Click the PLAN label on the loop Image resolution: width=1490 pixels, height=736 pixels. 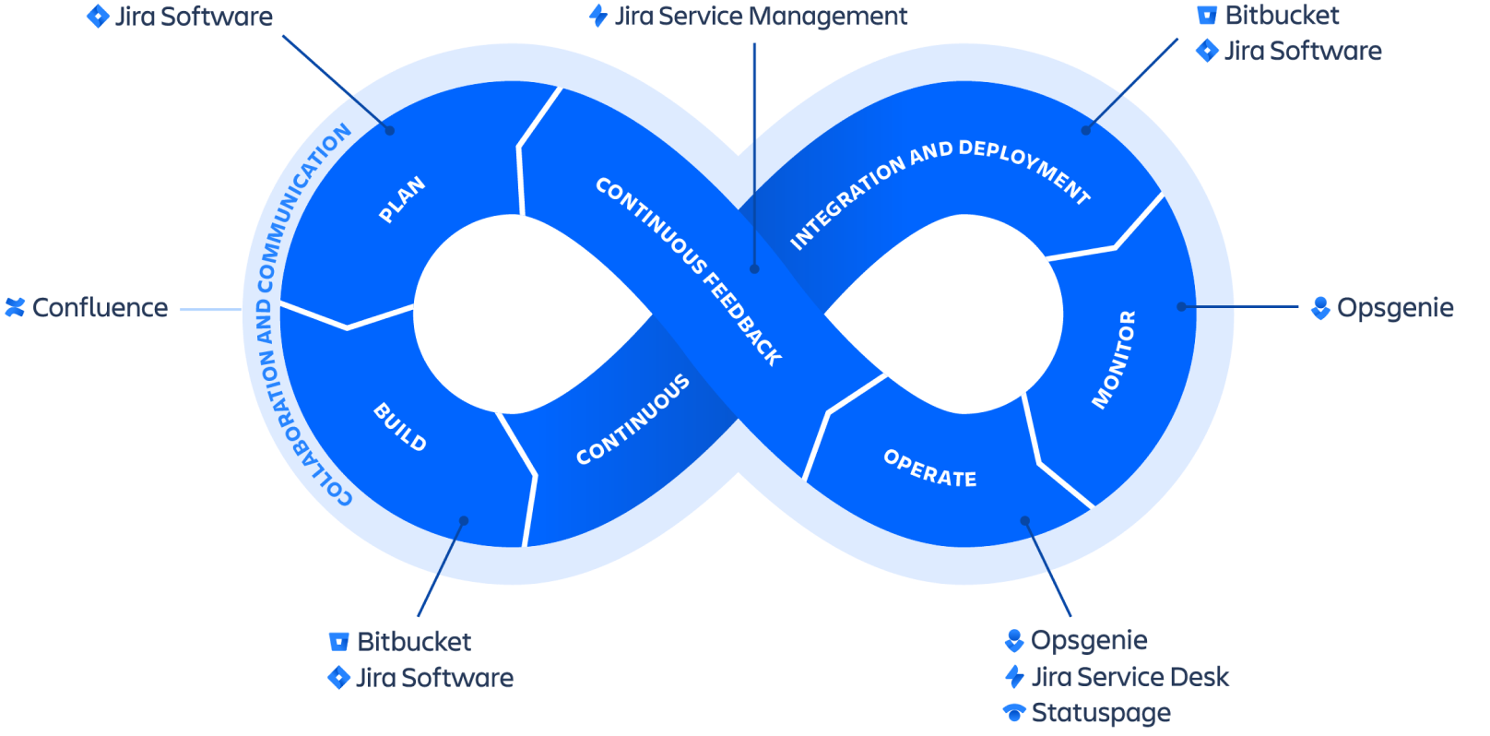pyautogui.click(x=403, y=199)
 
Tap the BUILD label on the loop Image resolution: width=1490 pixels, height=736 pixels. pyautogui.click(x=400, y=427)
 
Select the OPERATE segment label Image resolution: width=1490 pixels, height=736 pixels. pyautogui.click(x=929, y=469)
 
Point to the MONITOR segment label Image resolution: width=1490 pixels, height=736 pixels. pyautogui.click(x=1114, y=359)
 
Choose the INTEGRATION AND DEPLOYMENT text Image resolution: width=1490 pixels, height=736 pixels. pyautogui.click(x=940, y=191)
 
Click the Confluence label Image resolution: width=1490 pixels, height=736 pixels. pyautogui.click(x=101, y=308)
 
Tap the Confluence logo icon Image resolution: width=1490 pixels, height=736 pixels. pyautogui.click(x=15, y=307)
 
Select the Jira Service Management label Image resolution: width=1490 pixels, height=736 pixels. pyautogui.click(x=761, y=17)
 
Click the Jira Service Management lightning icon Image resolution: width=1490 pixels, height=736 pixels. pyautogui.click(x=598, y=16)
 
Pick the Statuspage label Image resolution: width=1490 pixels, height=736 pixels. pyautogui.click(x=1101, y=713)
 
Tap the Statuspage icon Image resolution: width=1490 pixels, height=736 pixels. pyautogui.click(x=1014, y=712)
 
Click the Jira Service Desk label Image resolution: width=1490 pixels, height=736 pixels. pyautogui.click(x=1130, y=677)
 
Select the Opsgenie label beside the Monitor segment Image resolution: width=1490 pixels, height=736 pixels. pyautogui.click(x=1395, y=308)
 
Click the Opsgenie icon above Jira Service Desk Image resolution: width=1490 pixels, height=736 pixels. pyautogui.click(x=1014, y=640)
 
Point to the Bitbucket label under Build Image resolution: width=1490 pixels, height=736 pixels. pyautogui.click(x=414, y=642)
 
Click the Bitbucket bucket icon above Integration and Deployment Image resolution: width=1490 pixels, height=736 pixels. pyautogui.click(x=1207, y=15)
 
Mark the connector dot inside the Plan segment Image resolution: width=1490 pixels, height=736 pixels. pyautogui.click(x=389, y=130)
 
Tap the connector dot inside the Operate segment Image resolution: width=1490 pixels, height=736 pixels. pyautogui.click(x=1024, y=521)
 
